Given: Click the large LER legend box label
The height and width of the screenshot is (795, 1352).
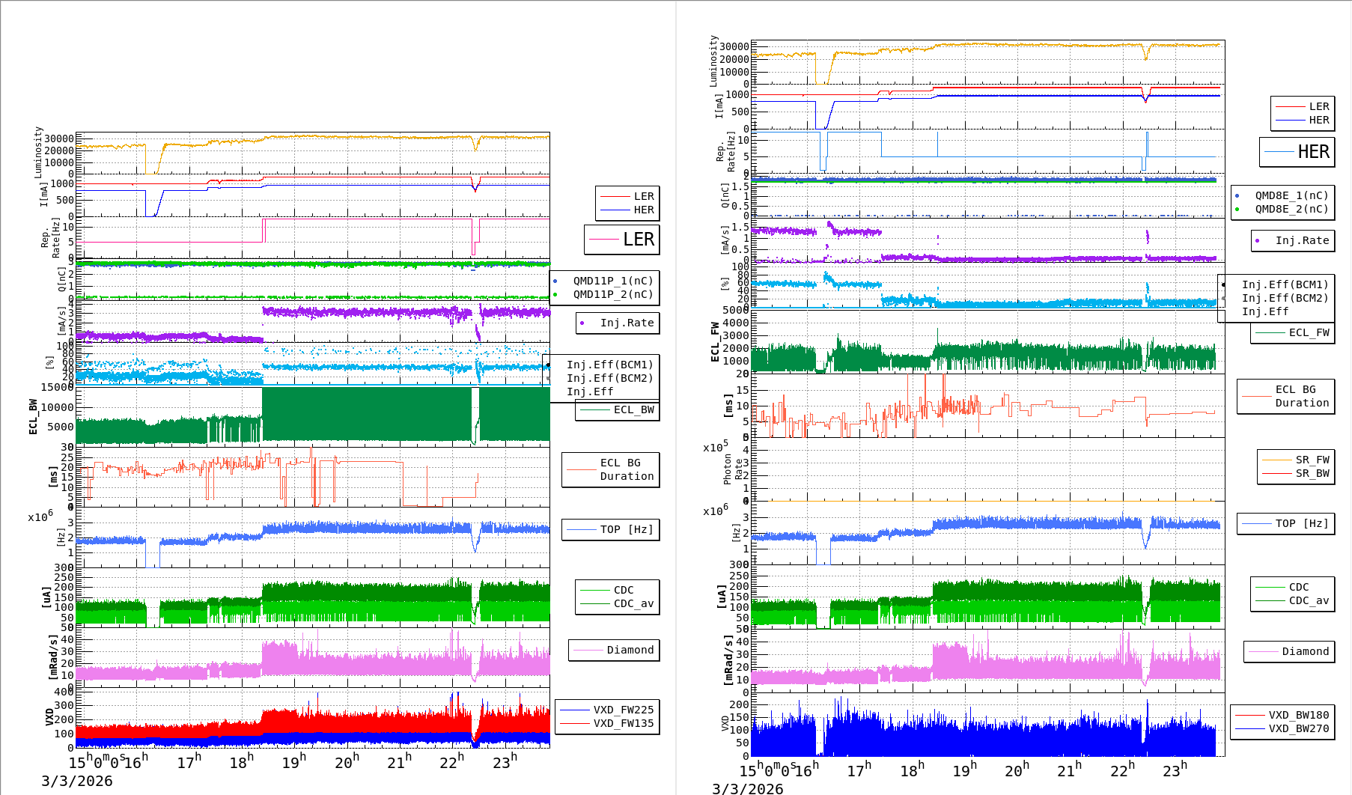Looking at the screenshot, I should coord(638,240).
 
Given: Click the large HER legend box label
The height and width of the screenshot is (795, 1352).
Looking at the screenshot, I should coord(1313,152).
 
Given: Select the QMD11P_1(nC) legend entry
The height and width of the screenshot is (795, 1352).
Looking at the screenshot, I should coord(612,281).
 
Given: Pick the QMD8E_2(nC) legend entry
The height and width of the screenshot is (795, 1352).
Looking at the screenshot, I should coord(1291,209).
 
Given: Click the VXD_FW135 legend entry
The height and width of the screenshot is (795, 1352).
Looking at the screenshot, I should coord(623,723).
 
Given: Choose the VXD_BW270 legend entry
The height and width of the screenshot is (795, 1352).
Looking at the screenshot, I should coord(1298,728).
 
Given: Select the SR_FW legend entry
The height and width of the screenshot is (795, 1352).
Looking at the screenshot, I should coord(1312,460).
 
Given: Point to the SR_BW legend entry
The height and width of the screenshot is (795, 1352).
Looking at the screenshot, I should coord(1312,473).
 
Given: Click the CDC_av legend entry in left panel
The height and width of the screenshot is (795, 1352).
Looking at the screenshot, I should coord(633,603).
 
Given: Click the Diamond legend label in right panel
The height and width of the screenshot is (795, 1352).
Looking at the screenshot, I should coord(1305,651).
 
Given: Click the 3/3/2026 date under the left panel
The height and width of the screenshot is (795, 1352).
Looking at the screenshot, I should coord(76,781).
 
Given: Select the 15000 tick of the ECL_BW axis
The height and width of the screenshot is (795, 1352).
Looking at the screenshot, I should coord(57,387).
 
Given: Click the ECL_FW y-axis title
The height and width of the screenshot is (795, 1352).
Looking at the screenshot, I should coord(715,342).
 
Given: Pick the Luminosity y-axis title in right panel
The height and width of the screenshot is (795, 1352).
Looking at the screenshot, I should coord(713,61).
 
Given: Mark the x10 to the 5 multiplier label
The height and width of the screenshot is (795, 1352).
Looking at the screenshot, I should coord(715,448).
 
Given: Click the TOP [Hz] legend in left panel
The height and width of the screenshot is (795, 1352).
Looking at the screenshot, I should coord(626,529).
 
